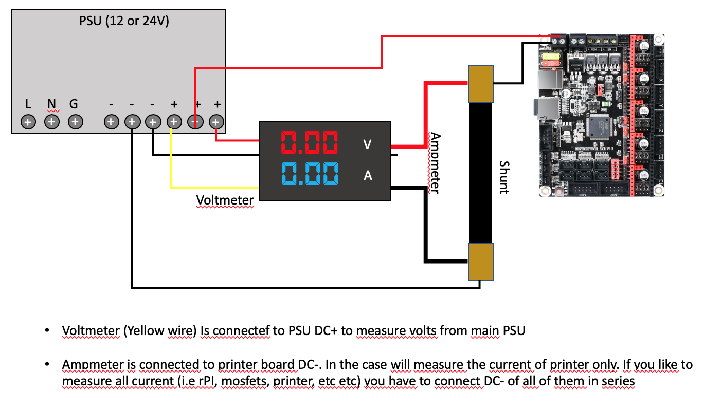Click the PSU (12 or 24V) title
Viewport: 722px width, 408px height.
(x=124, y=22)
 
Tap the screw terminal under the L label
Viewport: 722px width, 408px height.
(x=28, y=122)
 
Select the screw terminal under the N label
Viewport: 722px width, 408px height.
(x=51, y=122)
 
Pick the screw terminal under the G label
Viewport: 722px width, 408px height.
(x=75, y=122)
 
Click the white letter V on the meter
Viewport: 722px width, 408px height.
(x=367, y=145)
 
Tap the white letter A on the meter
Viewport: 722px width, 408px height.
(x=368, y=176)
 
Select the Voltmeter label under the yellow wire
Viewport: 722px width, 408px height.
(x=225, y=199)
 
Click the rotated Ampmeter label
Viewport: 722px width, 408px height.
(x=435, y=163)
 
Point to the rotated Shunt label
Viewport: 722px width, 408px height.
(x=504, y=177)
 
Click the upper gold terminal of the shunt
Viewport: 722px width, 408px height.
(x=481, y=83)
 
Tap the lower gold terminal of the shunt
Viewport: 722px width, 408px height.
(x=481, y=262)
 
